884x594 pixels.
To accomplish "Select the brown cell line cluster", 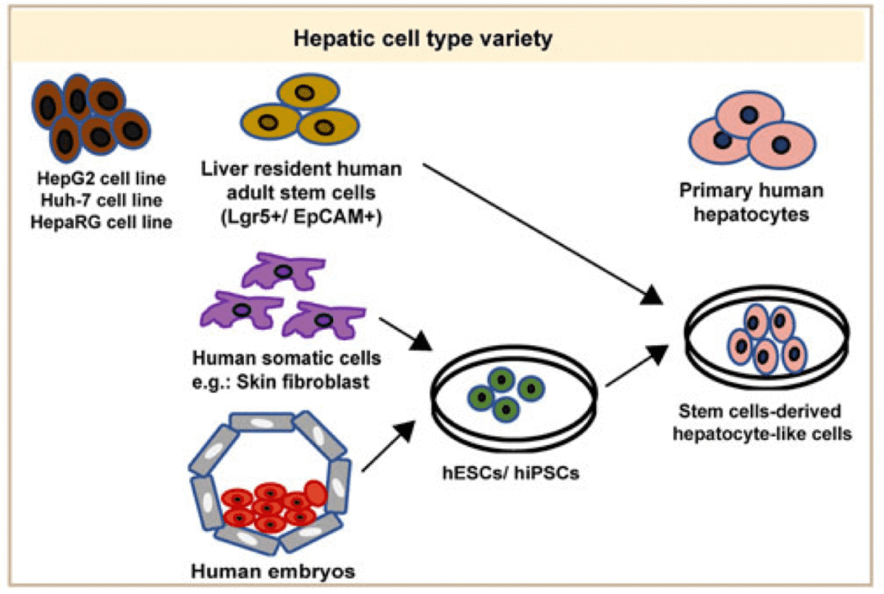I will [90, 119].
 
